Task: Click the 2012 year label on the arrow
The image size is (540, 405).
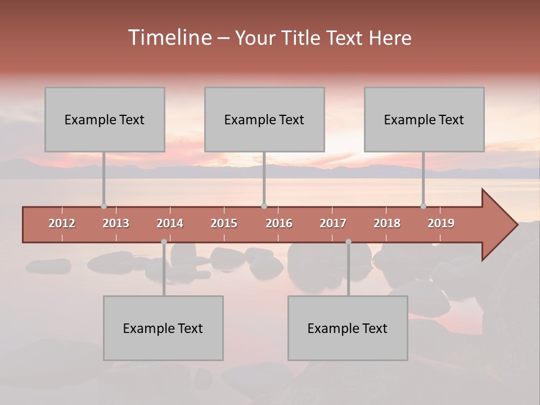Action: pos(62,223)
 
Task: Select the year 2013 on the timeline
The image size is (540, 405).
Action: pos(116,223)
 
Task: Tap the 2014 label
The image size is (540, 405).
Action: pos(170,223)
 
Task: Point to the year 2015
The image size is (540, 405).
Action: pos(224,223)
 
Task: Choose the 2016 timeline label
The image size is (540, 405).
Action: pos(279,223)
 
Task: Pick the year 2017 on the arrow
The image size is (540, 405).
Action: pos(333,223)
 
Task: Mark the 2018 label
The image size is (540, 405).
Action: pos(387,223)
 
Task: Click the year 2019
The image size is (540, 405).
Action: pos(441,223)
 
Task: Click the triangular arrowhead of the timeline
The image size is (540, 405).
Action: pos(498,225)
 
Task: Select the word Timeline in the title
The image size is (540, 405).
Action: pos(169,38)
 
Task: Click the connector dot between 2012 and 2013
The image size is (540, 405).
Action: pos(103,206)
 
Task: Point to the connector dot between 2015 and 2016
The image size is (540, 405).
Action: pos(264,206)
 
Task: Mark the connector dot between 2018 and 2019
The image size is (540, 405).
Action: pos(423,206)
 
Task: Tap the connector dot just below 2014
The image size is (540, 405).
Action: pos(164,242)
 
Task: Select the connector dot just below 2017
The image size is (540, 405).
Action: pos(348,242)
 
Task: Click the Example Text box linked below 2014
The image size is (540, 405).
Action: pos(163,328)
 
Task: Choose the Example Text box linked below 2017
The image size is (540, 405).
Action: pos(348,328)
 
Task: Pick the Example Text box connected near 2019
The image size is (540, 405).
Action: pos(424,119)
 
